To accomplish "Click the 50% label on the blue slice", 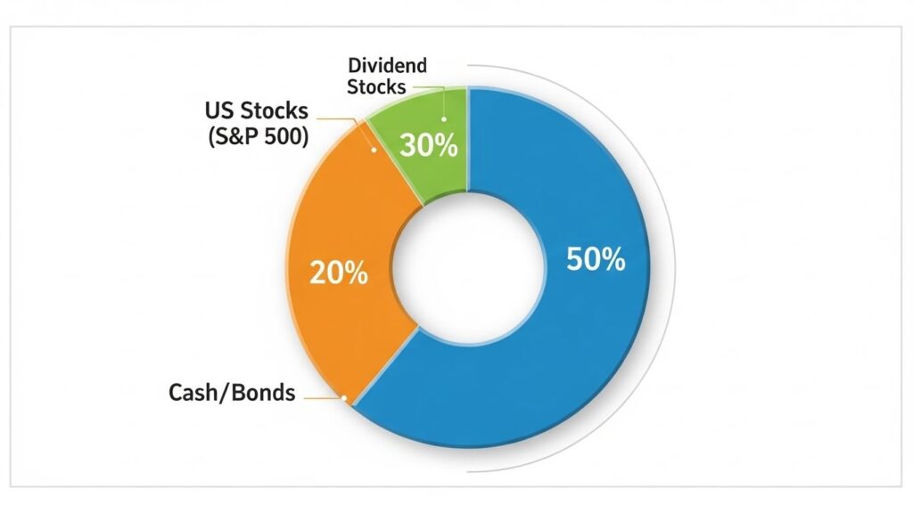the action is (596, 259).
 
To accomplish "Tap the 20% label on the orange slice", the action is (338, 273).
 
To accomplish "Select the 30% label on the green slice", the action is (429, 145).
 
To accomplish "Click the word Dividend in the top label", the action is (387, 65).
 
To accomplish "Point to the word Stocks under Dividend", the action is (376, 87).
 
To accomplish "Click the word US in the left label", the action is (219, 110).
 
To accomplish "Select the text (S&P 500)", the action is (258, 136).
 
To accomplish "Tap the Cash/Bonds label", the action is (232, 393).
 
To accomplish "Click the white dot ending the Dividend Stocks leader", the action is (444, 119).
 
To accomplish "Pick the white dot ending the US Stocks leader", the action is (374, 150).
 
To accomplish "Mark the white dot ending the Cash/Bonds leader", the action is (344, 398).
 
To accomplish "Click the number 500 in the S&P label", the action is (284, 136).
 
